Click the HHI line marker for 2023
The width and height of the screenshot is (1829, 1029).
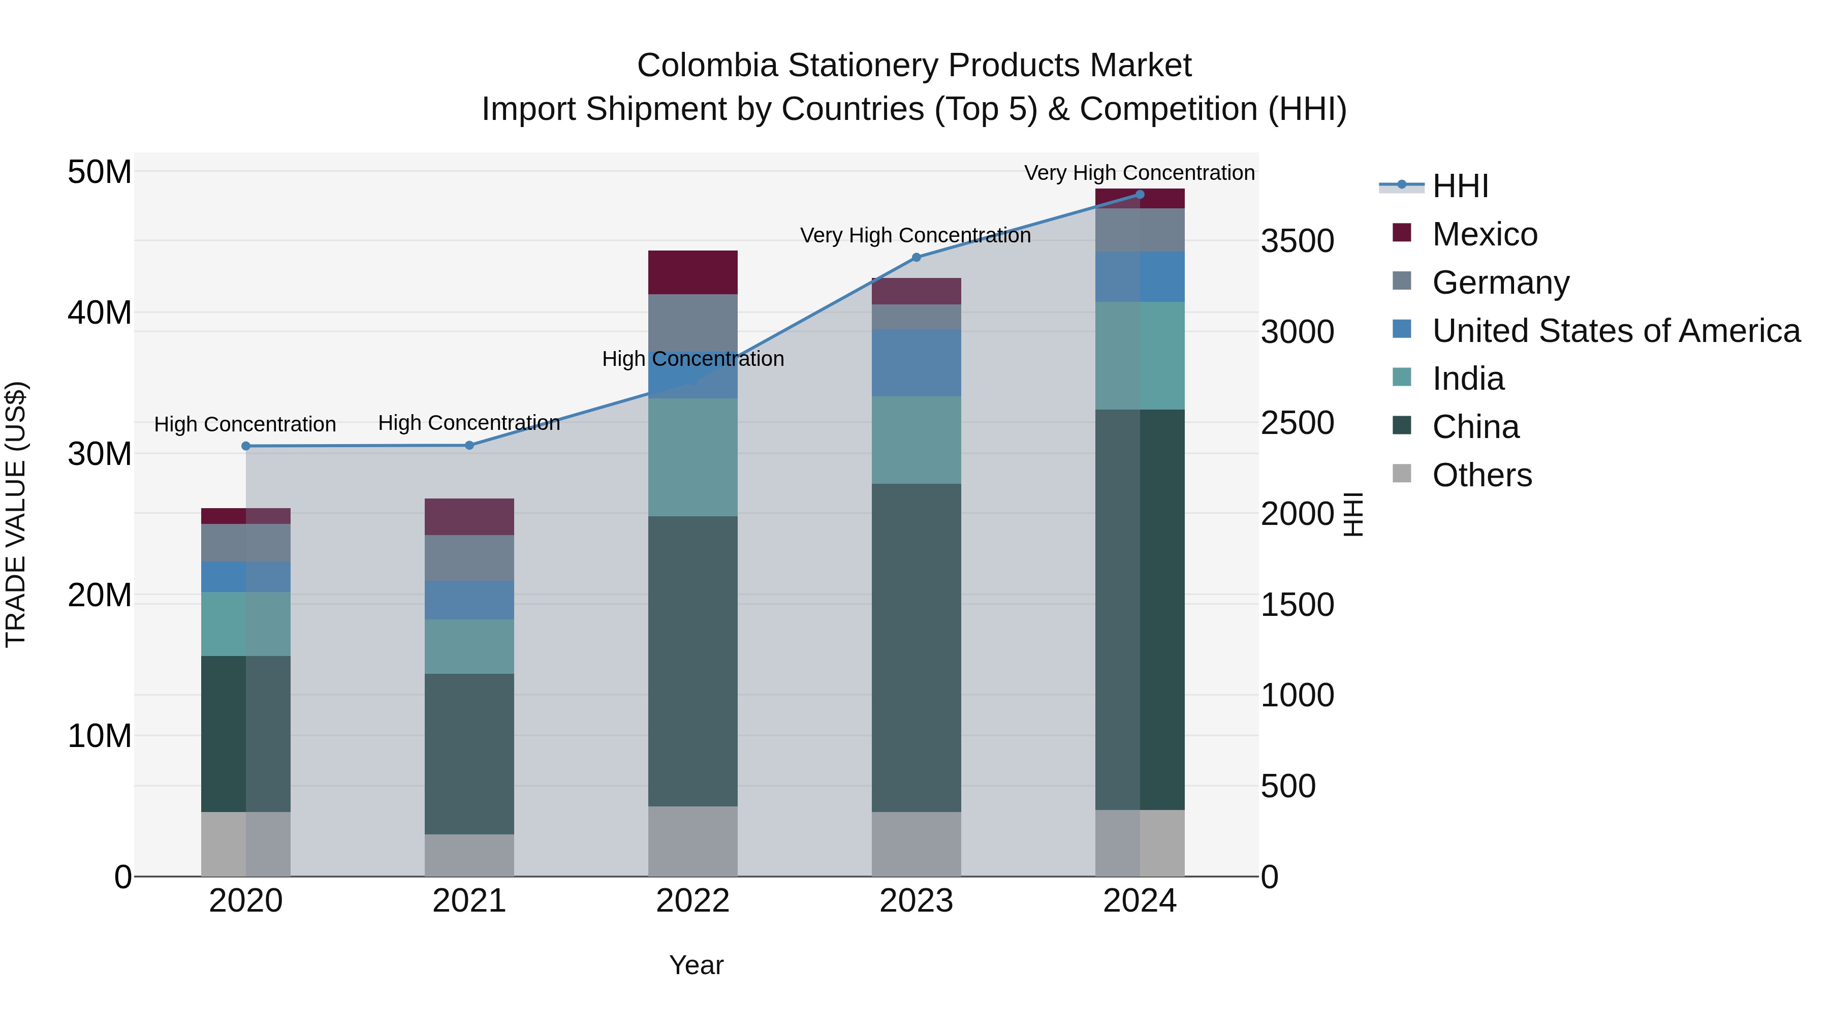tap(916, 257)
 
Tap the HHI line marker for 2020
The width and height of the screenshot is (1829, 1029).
tap(246, 446)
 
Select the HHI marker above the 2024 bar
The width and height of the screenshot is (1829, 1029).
tap(1140, 195)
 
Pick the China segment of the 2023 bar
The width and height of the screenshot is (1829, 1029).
tap(916, 648)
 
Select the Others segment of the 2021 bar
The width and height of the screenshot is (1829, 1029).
tap(468, 855)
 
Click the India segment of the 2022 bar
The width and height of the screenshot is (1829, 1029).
tap(692, 457)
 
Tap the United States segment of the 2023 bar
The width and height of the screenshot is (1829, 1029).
tap(916, 362)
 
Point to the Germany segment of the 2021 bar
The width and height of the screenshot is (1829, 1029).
tap(468, 557)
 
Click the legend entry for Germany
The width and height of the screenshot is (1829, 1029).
tap(1500, 283)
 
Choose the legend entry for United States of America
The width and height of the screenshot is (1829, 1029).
tap(1615, 331)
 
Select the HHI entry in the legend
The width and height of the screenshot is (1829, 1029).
tap(1460, 186)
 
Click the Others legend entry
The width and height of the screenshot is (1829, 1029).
tap(1482, 475)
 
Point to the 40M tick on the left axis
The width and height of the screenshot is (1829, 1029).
tap(100, 313)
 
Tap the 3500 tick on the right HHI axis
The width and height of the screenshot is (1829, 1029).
tap(1297, 241)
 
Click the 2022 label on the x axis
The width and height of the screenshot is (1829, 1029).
tap(692, 901)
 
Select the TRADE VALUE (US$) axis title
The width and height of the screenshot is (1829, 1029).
tap(16, 514)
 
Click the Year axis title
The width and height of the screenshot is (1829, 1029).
tap(696, 965)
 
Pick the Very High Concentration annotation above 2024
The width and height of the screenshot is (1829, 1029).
tap(1139, 173)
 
